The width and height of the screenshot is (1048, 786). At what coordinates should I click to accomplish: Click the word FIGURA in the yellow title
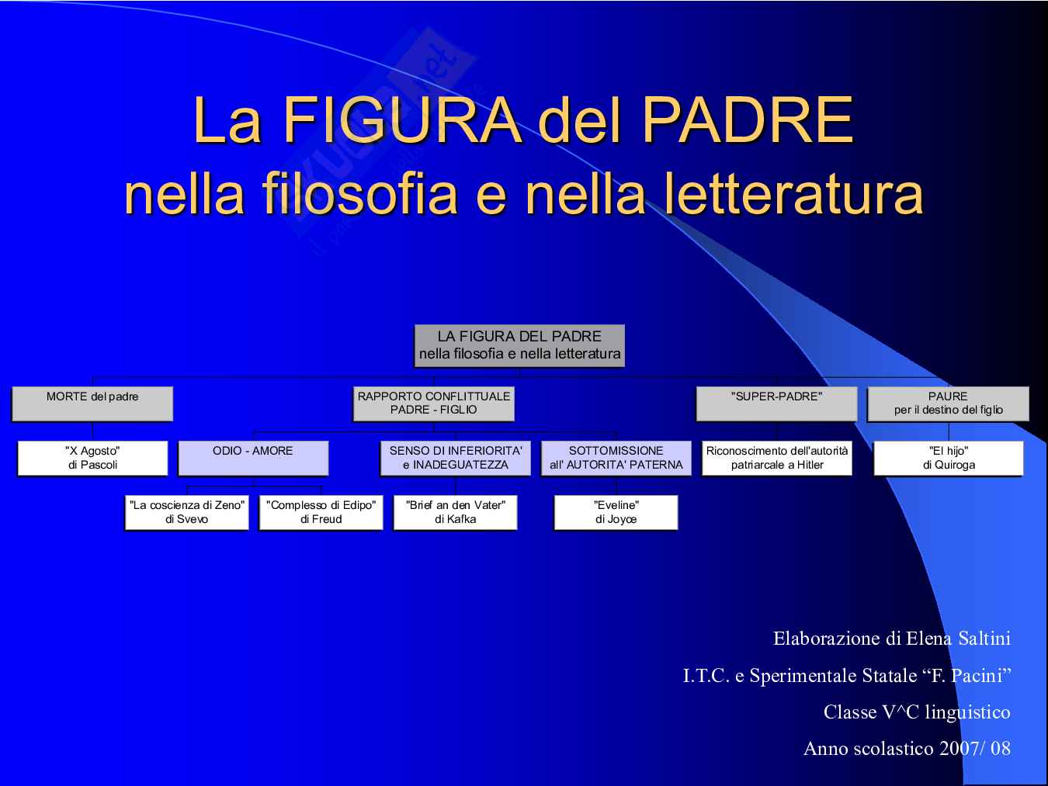[402, 119]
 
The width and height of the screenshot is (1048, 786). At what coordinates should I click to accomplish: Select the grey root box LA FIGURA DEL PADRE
[519, 345]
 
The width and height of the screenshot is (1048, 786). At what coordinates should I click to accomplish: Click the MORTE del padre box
[92, 403]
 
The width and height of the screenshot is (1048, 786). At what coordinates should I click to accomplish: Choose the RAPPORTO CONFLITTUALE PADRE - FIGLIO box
[433, 403]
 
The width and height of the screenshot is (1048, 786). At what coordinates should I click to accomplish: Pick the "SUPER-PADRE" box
[777, 403]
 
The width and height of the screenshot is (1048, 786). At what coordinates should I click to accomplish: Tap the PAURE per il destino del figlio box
[948, 403]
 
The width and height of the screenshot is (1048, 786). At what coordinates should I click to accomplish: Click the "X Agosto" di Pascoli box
[92, 458]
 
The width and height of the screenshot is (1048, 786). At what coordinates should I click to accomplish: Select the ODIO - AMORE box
[253, 458]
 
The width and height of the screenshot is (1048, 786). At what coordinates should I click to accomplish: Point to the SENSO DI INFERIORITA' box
[456, 458]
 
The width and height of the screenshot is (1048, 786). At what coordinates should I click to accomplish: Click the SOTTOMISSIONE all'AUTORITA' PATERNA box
[616, 458]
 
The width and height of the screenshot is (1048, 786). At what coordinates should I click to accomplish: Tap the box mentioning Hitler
[777, 458]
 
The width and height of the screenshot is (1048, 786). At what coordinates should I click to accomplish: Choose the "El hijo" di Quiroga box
[949, 458]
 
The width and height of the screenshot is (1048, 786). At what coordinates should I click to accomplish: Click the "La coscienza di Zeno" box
[186, 513]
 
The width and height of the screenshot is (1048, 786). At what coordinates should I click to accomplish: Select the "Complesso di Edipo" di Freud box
[321, 513]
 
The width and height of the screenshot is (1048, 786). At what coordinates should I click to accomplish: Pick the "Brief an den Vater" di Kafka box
[455, 513]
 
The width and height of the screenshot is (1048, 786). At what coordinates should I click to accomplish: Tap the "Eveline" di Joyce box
[616, 513]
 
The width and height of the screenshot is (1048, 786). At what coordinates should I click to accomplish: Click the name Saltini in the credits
[984, 639]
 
